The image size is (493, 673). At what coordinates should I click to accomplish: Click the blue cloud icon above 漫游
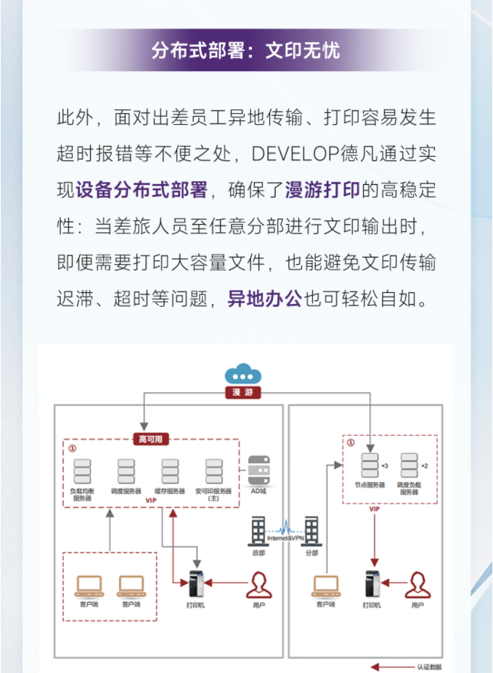(x=243, y=374)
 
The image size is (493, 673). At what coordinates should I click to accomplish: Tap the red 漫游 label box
(x=243, y=392)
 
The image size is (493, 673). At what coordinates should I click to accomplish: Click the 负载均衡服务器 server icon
(x=82, y=471)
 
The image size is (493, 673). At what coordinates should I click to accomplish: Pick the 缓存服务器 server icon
(x=170, y=471)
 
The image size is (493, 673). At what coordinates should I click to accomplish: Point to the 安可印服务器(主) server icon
(x=213, y=471)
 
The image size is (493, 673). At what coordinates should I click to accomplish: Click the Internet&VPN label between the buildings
(x=285, y=537)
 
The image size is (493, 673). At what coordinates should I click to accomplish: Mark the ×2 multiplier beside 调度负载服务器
(x=425, y=464)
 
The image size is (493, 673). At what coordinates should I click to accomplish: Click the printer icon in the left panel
(x=196, y=582)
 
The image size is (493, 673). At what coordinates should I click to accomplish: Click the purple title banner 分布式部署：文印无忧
(x=246, y=50)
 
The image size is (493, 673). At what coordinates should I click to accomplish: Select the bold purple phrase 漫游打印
(x=322, y=191)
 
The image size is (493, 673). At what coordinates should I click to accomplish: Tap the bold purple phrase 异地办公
(x=265, y=298)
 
